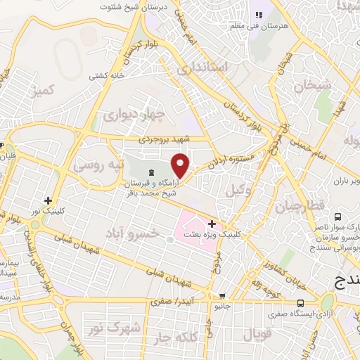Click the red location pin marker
(x=181, y=165)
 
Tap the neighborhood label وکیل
(x=234, y=190)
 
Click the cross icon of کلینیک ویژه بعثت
(x=212, y=223)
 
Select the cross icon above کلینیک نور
(x=48, y=200)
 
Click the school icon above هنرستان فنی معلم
(x=257, y=14)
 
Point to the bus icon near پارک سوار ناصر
(x=337, y=217)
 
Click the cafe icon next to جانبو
(x=222, y=296)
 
